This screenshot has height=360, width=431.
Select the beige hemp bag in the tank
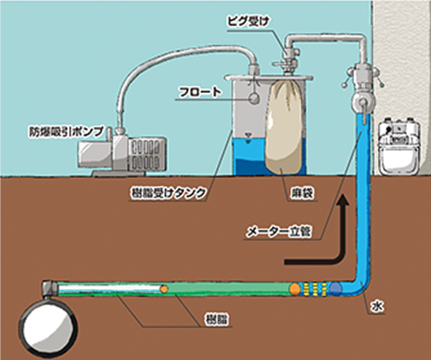tap(287, 129)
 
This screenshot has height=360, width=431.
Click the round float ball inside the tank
tap(253, 100)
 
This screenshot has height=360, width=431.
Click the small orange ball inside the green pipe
tap(165, 289)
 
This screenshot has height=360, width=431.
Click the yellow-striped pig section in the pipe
tap(315, 289)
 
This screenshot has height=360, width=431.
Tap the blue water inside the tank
tap(248, 157)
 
